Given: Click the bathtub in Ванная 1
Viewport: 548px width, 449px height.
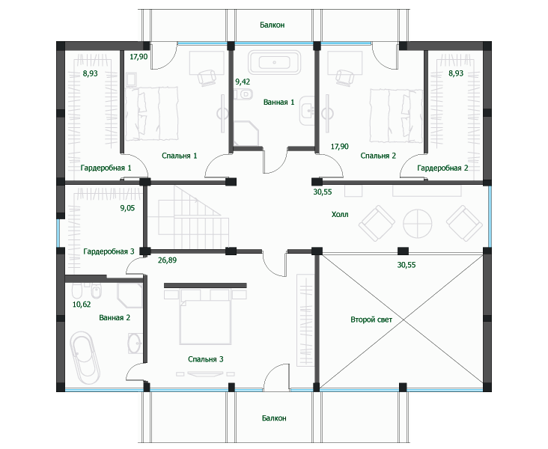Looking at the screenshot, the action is (x=274, y=63).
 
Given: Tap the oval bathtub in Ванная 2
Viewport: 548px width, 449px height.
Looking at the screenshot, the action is (x=85, y=358).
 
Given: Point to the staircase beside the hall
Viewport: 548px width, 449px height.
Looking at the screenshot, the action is (x=189, y=217).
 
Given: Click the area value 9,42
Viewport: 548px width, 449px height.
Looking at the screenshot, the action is (x=243, y=82).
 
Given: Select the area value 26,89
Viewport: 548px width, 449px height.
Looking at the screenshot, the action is (x=167, y=260).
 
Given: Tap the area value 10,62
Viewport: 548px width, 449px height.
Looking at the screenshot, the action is (x=82, y=305).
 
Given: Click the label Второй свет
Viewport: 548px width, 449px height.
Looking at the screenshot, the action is (x=371, y=320).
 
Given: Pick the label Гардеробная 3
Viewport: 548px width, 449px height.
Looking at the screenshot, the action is (x=109, y=251).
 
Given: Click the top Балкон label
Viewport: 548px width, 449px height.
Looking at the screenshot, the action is (x=273, y=25).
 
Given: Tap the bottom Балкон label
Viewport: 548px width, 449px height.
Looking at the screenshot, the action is (x=274, y=418).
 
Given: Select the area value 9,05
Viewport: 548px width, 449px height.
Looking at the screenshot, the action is (x=127, y=208).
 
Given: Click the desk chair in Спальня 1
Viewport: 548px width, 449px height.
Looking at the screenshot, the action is (x=207, y=77).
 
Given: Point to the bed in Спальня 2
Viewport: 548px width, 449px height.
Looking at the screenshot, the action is (x=396, y=115).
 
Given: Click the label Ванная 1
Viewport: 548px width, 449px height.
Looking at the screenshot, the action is (x=279, y=102).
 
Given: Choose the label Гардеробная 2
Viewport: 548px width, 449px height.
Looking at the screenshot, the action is (x=442, y=168).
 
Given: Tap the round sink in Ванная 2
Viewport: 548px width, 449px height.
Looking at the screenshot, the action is (x=135, y=343).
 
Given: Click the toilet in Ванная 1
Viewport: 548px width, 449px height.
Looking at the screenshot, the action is (x=244, y=94).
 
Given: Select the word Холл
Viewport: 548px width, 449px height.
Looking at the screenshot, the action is (x=340, y=214).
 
